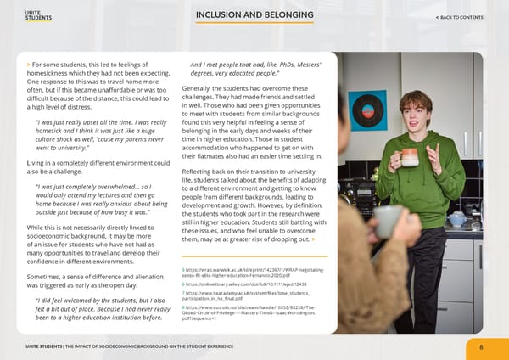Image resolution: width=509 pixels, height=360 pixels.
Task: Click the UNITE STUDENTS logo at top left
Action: click(38, 17)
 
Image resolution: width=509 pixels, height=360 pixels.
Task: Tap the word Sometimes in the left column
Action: click(48, 277)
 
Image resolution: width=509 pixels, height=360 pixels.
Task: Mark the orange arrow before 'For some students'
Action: click(29, 64)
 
